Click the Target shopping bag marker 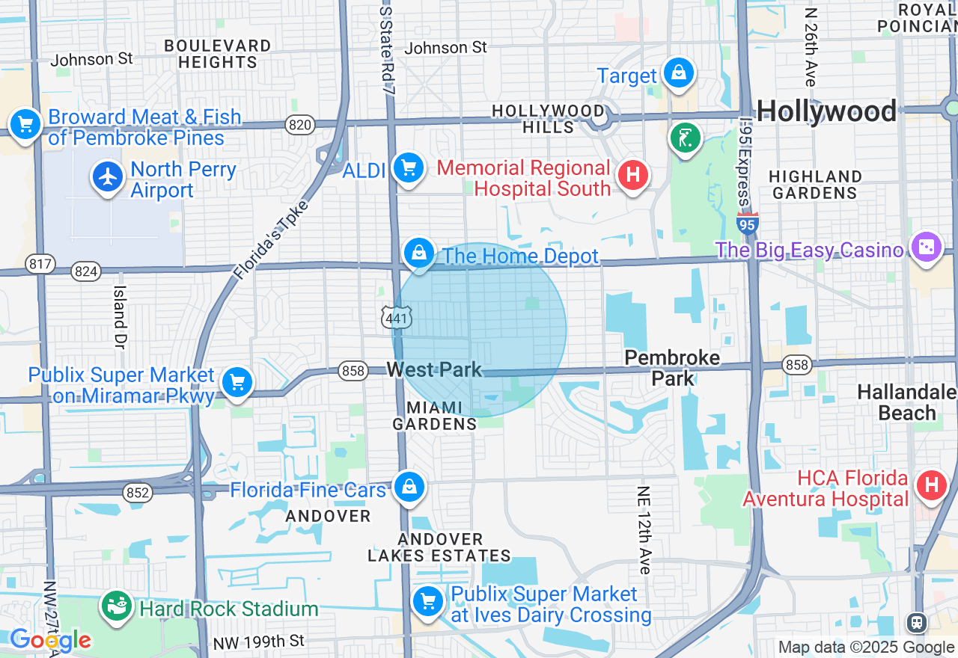click(x=677, y=73)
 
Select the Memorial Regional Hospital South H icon click(x=632, y=176)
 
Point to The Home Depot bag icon click(x=420, y=253)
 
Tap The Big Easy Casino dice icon click(x=926, y=247)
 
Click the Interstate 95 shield click(x=747, y=223)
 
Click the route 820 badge click(x=300, y=125)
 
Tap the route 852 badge click(x=138, y=492)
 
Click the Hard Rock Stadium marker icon click(x=117, y=606)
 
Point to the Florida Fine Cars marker click(x=409, y=487)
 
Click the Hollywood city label click(x=826, y=111)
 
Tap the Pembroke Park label click(x=672, y=368)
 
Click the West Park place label click(x=434, y=369)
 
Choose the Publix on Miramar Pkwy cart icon click(x=237, y=382)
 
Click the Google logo click(x=50, y=640)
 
